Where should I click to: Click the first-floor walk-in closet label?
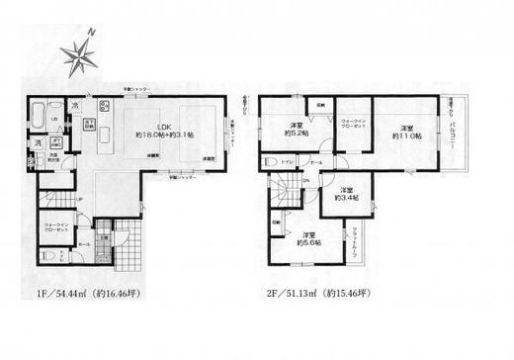point(58,228)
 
